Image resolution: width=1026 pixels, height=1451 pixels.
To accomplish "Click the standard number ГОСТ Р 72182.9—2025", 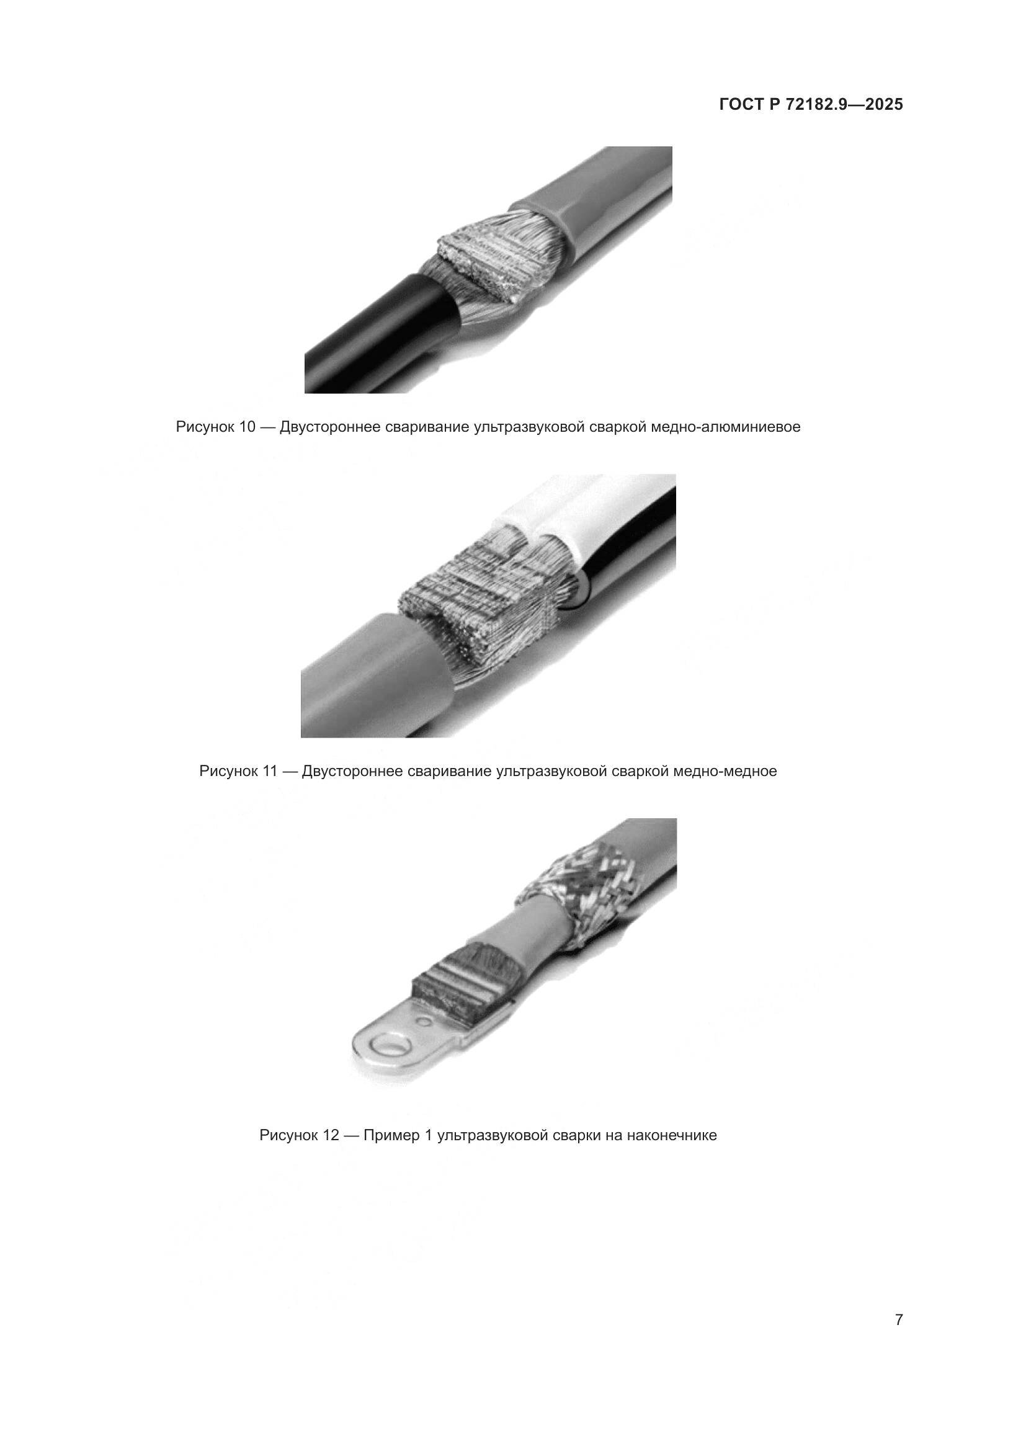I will (x=811, y=105).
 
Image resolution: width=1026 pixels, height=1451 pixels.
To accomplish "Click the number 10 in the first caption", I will (x=246, y=427).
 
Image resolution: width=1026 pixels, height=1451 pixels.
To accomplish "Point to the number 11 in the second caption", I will (x=270, y=772).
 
